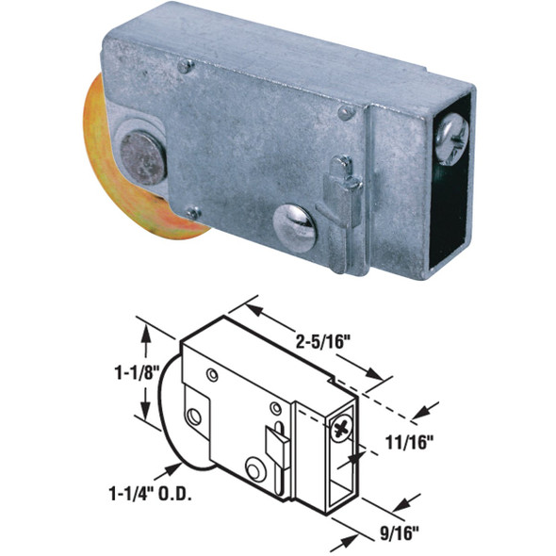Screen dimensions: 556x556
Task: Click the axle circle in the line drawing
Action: click(194, 416)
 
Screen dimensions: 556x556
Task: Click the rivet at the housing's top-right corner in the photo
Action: click(347, 112)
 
